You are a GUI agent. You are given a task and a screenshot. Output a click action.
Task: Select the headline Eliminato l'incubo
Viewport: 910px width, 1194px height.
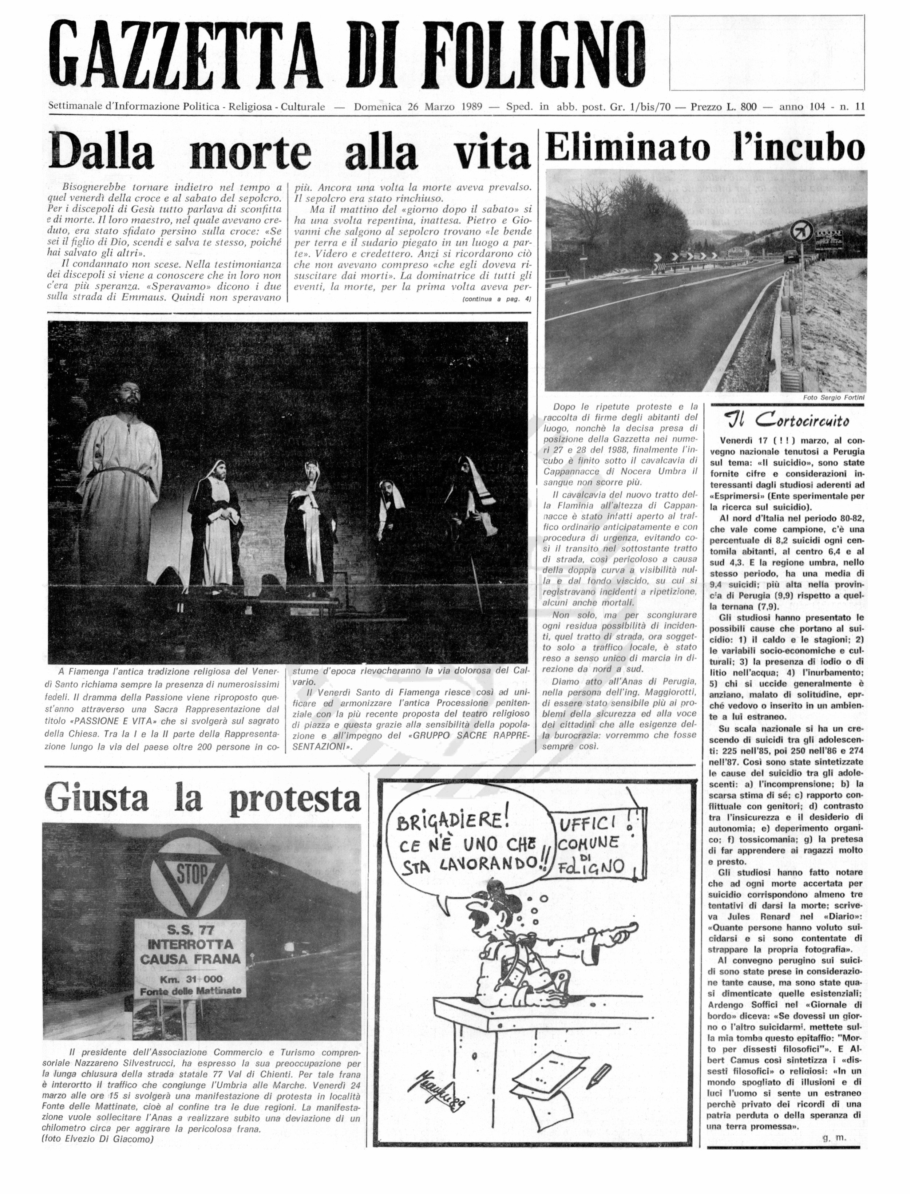click(x=704, y=148)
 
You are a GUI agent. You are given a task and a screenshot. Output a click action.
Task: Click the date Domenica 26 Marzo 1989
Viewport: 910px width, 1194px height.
click(x=418, y=107)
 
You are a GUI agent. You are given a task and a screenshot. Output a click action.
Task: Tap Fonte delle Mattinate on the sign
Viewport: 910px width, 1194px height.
click(x=190, y=991)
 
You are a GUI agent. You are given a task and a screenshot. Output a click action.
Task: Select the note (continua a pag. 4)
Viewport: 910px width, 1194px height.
click(x=496, y=298)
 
